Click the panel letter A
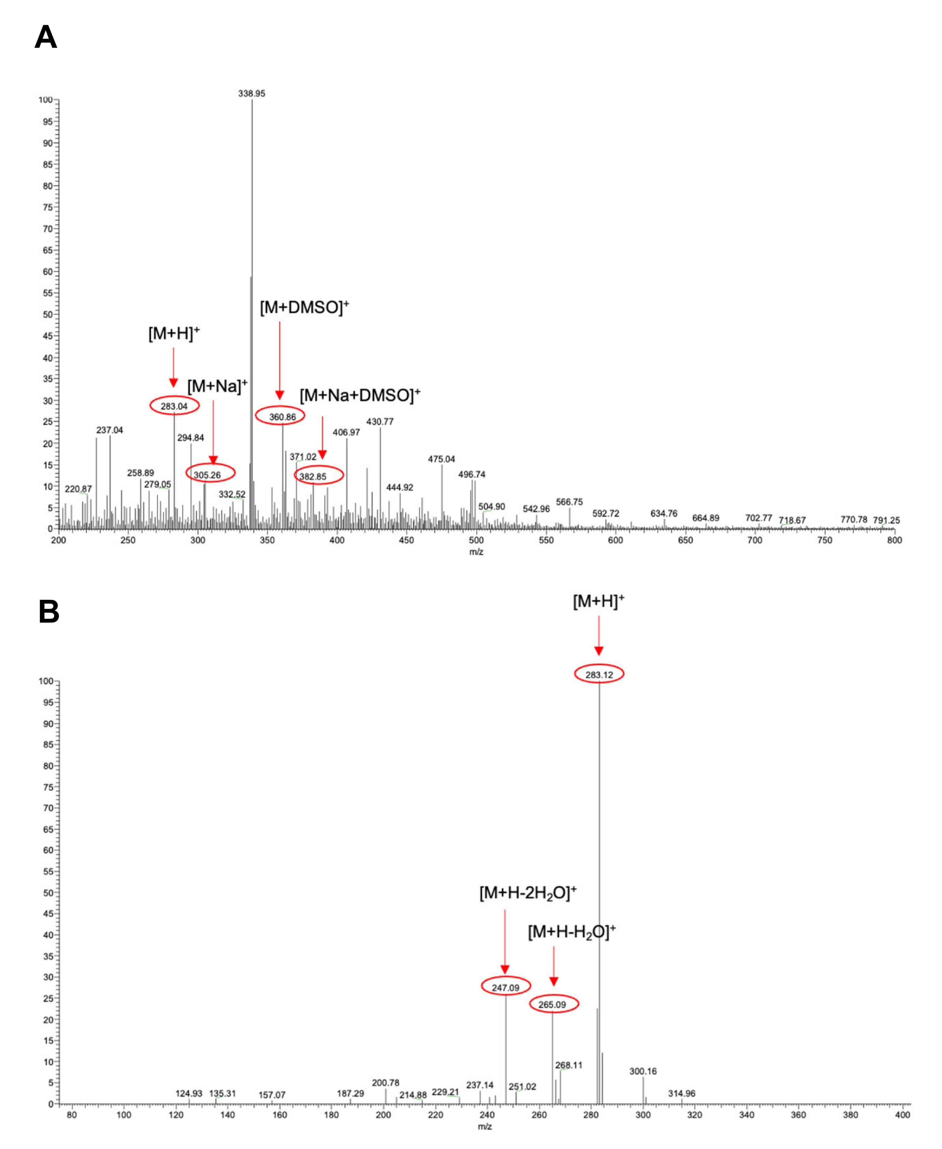click(46, 38)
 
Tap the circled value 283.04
click(174, 406)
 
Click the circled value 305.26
click(208, 475)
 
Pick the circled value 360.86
click(282, 417)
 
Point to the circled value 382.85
click(314, 477)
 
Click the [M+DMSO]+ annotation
click(304, 307)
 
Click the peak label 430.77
click(380, 421)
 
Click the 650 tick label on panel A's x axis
click(685, 540)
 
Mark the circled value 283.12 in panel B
click(599, 675)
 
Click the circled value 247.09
click(506, 987)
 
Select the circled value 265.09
click(552, 1005)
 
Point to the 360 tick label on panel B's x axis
click(799, 1115)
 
